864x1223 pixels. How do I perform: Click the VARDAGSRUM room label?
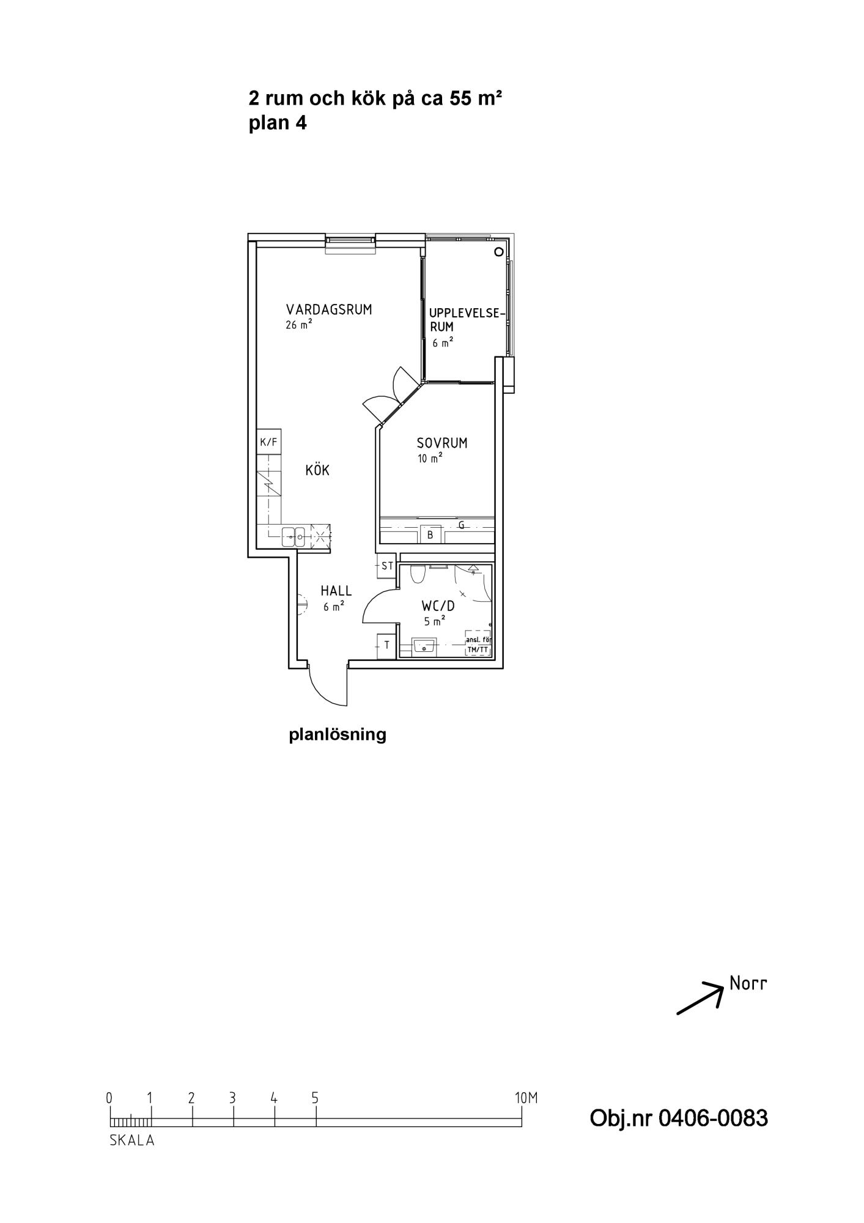pos(329,309)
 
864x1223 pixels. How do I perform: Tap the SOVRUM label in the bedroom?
pos(442,443)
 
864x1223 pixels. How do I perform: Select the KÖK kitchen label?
pos(317,470)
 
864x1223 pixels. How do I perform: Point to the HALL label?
pos(336,591)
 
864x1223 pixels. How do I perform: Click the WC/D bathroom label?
pos(438,607)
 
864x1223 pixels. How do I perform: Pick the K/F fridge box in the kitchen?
pos(268,442)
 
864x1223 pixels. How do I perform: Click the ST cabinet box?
pos(387,566)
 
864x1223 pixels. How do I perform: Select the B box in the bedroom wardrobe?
pos(430,534)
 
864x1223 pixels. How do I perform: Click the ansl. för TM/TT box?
pos(478,644)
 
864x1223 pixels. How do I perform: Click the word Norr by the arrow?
pos(748,984)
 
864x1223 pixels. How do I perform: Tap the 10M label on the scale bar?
pos(526,1098)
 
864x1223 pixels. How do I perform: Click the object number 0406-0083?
pos(679,1118)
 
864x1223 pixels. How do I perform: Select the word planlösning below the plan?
pos(338,734)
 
